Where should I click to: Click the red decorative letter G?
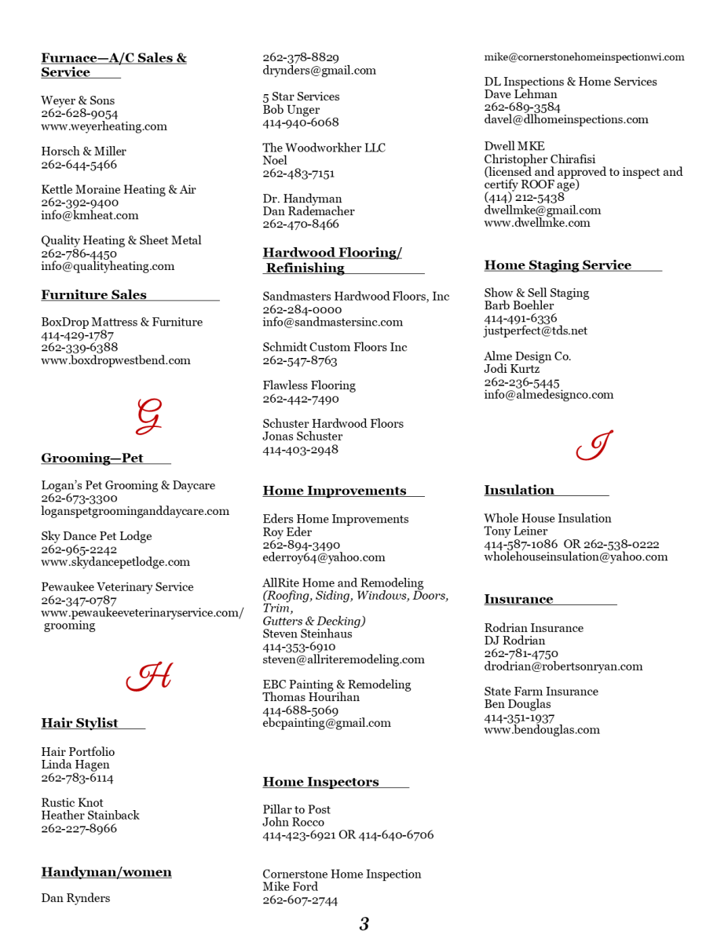click(148, 416)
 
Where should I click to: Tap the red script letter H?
click(149, 677)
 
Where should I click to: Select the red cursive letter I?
click(594, 446)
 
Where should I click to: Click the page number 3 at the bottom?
click(364, 924)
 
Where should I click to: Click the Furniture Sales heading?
click(94, 295)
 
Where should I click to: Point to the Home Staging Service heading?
click(558, 265)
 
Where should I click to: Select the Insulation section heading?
click(519, 491)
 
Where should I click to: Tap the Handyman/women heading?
click(106, 872)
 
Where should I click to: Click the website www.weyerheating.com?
click(104, 126)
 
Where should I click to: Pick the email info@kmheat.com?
click(90, 215)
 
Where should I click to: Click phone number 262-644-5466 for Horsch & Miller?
click(79, 165)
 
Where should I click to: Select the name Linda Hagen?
click(75, 765)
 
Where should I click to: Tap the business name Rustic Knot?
click(72, 803)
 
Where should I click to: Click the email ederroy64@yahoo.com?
click(324, 557)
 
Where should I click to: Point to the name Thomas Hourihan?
click(311, 697)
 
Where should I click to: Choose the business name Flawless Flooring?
click(309, 385)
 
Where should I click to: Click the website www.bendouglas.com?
click(542, 730)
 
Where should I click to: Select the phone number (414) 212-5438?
click(524, 198)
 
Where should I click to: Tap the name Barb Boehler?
click(519, 305)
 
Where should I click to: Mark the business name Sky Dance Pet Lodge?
click(97, 536)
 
